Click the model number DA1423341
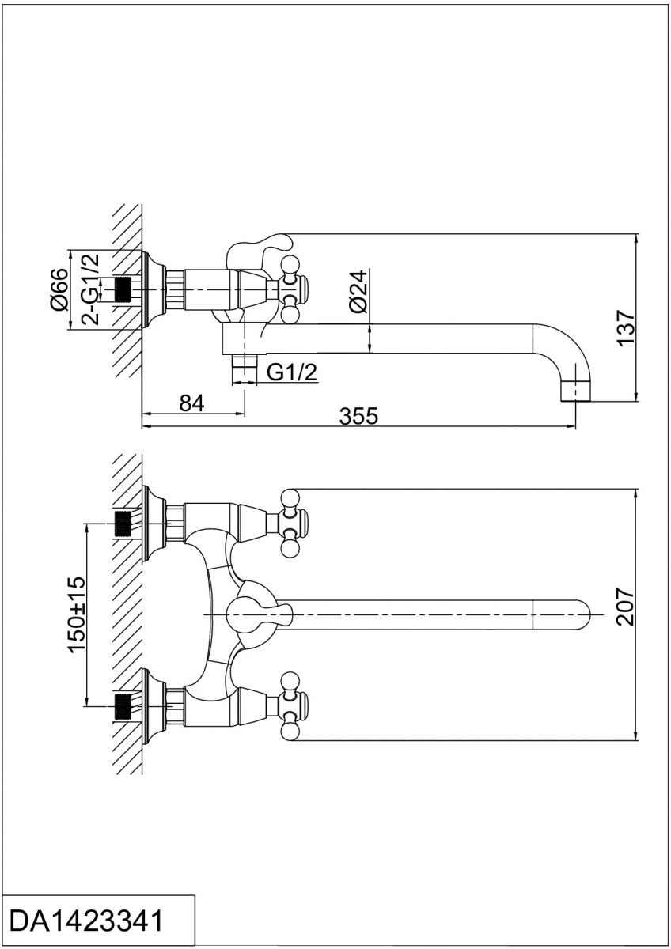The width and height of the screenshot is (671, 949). pyautogui.click(x=87, y=921)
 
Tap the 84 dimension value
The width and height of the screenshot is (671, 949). pyautogui.click(x=191, y=403)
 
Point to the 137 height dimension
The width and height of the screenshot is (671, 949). pyautogui.click(x=626, y=326)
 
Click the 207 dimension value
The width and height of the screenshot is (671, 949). pyautogui.click(x=626, y=607)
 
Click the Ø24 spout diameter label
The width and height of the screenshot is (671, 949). pyautogui.click(x=358, y=291)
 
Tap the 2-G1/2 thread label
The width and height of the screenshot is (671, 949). pyautogui.click(x=92, y=289)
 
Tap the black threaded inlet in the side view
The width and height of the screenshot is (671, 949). pyautogui.click(x=123, y=289)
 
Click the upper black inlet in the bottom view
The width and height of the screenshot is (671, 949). pyautogui.click(x=123, y=522)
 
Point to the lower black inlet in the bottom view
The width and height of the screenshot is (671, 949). pyautogui.click(x=123, y=704)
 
